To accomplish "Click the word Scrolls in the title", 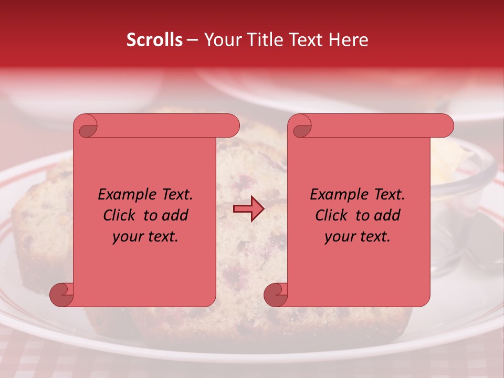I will (155, 40).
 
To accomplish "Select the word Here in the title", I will (348, 40).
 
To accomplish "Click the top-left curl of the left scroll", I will (86, 127).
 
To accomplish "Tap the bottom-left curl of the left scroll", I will (61, 295).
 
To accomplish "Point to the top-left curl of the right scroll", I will (301, 127).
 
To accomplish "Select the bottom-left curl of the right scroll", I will (276, 295).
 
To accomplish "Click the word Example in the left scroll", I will (125, 195).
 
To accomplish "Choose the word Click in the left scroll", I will (119, 215).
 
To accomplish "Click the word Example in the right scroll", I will (338, 195).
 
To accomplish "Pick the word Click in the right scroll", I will (331, 215).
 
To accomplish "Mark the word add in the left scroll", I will (175, 215).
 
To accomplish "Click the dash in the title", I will (193, 40).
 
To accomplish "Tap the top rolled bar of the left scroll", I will (163, 126).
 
